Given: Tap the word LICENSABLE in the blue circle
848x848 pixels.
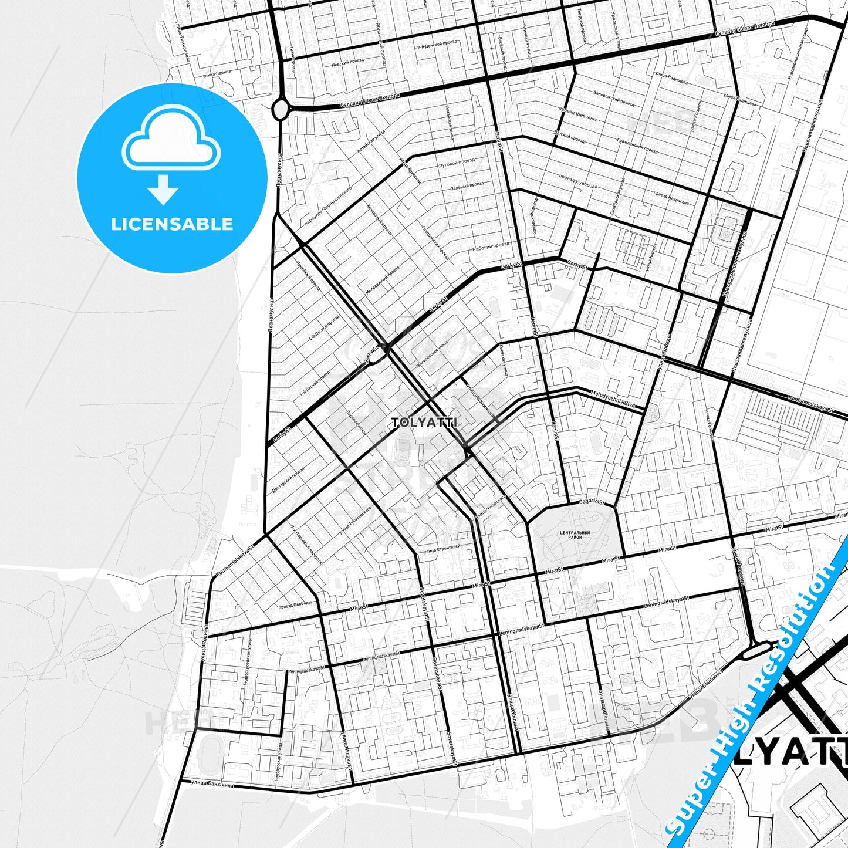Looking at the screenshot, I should point(172,224).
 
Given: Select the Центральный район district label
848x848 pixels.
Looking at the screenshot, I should point(575,535).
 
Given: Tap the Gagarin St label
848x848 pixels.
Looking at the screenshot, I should point(592,502).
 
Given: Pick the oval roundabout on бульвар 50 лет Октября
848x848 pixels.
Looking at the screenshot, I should point(281,109).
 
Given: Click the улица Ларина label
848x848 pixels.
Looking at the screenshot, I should point(216,73).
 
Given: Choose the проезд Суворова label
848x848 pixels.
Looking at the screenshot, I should point(577,181).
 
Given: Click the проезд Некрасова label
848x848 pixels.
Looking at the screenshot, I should point(671,198).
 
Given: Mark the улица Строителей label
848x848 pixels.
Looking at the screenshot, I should point(441,549).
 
